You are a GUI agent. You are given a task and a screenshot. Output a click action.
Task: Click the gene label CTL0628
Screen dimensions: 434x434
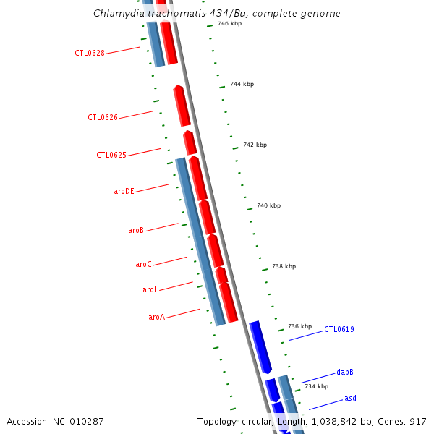click(90, 53)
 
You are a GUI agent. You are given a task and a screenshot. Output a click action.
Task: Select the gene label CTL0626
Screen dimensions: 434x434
click(103, 117)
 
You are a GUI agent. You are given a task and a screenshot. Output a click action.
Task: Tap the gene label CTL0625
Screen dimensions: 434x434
click(111, 155)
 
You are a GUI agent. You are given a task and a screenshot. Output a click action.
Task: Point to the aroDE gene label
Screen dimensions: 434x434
click(124, 191)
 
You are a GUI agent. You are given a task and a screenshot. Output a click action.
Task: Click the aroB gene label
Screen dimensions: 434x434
click(136, 230)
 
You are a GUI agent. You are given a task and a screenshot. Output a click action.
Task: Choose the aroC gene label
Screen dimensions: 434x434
click(143, 264)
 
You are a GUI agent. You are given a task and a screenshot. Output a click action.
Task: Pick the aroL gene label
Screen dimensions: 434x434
click(150, 289)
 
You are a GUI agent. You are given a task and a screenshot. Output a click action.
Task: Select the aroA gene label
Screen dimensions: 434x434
click(157, 317)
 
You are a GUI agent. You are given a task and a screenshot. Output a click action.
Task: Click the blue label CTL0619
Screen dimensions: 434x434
click(339, 329)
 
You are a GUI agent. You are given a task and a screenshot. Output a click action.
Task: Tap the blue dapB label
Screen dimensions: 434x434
click(345, 373)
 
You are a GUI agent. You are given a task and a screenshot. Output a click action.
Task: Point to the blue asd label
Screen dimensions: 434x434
click(350, 398)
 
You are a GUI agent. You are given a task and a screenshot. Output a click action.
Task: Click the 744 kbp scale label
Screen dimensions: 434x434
click(242, 85)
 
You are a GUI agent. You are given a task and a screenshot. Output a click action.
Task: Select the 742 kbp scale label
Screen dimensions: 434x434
click(255, 145)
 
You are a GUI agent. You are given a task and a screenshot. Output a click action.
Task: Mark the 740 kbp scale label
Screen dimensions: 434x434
click(268, 205)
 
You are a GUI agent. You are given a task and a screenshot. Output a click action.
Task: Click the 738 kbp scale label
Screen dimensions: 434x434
click(284, 266)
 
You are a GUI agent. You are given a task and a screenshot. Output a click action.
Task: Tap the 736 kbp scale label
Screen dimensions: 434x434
click(299, 326)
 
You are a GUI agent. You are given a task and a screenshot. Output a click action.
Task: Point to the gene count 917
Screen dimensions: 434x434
click(417, 421)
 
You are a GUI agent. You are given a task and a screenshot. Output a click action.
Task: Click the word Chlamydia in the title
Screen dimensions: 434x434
click(119, 14)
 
